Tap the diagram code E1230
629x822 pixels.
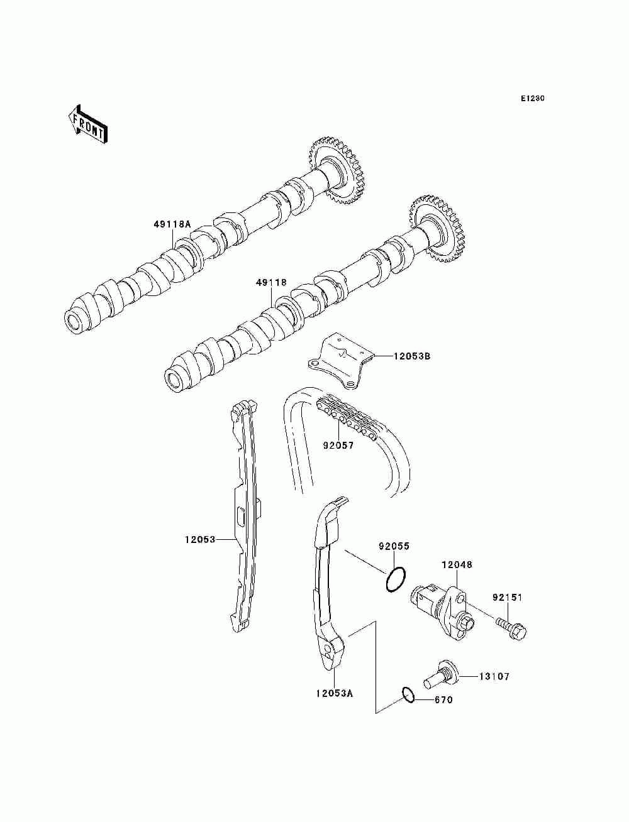[x=532, y=99]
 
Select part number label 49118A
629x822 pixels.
[x=172, y=223]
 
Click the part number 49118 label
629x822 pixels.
[x=271, y=283]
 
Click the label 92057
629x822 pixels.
[x=338, y=446]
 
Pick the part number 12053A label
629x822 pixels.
[x=334, y=694]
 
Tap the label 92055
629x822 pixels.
[x=394, y=546]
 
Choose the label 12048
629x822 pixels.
[x=457, y=565]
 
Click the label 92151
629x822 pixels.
[x=507, y=598]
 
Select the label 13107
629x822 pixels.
[x=494, y=677]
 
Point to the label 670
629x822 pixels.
[x=443, y=699]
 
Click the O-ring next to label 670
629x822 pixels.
[x=408, y=694]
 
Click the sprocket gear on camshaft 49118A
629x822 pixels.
[x=340, y=171]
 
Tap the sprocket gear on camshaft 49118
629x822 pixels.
[x=437, y=229]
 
